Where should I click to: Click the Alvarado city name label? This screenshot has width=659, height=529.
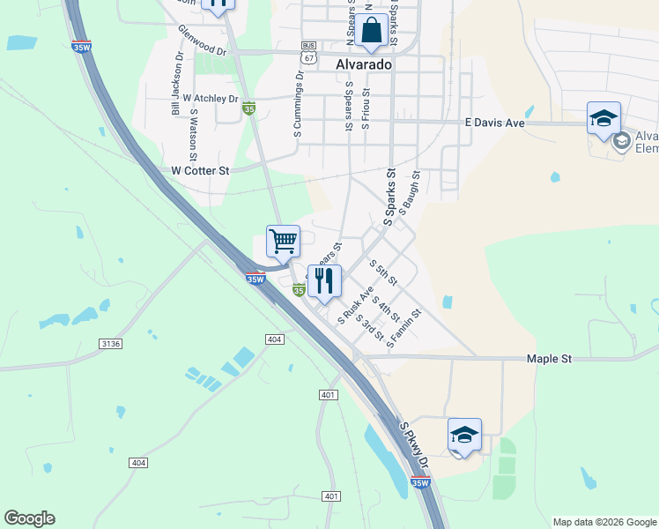[x=363, y=64]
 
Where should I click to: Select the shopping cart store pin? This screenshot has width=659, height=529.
[x=283, y=241]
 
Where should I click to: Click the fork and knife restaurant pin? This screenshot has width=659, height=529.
[x=324, y=280]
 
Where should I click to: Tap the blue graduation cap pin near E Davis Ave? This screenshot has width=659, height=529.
[x=603, y=119]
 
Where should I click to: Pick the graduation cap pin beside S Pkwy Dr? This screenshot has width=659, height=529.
[x=464, y=435]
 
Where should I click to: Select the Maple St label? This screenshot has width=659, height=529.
[x=549, y=359]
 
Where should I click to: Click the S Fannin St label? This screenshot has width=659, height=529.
[x=404, y=327]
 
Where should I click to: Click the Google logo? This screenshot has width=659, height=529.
[x=29, y=518]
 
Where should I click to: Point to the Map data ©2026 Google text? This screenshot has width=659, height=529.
[x=603, y=522]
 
